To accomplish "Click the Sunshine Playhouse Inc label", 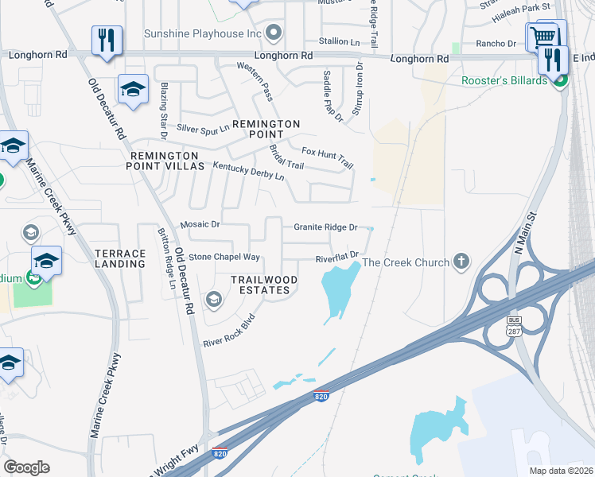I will pyautogui.click(x=202, y=33).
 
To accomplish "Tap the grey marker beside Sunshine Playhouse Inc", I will pyautogui.click(x=274, y=33).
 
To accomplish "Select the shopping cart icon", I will pyautogui.click(x=543, y=36).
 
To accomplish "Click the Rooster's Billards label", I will pyautogui.click(x=504, y=80).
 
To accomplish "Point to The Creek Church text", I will pyautogui.click(x=406, y=262).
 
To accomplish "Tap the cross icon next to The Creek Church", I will pyautogui.click(x=461, y=262).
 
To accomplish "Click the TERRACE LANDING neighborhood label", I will pyautogui.click(x=120, y=258).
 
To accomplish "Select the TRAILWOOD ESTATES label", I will pyautogui.click(x=264, y=285).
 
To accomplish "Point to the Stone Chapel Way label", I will pyautogui.click(x=224, y=257).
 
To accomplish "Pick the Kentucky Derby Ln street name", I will pyautogui.click(x=248, y=170).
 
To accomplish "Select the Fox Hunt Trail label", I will pyautogui.click(x=327, y=156).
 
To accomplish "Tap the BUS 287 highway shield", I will pyautogui.click(x=514, y=325).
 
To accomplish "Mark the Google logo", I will pyautogui.click(x=26, y=467).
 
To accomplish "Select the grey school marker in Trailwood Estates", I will pyautogui.click(x=213, y=300).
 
